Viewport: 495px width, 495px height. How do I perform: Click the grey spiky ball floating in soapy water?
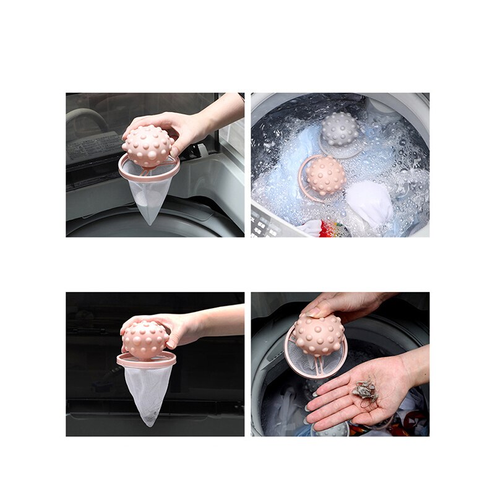339,129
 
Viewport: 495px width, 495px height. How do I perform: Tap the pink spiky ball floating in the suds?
326,175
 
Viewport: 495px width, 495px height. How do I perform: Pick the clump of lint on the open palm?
364,389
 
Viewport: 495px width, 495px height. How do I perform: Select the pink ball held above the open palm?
318,334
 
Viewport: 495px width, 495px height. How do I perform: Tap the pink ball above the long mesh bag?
145,339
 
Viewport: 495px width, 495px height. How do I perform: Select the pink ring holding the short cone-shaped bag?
149,169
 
